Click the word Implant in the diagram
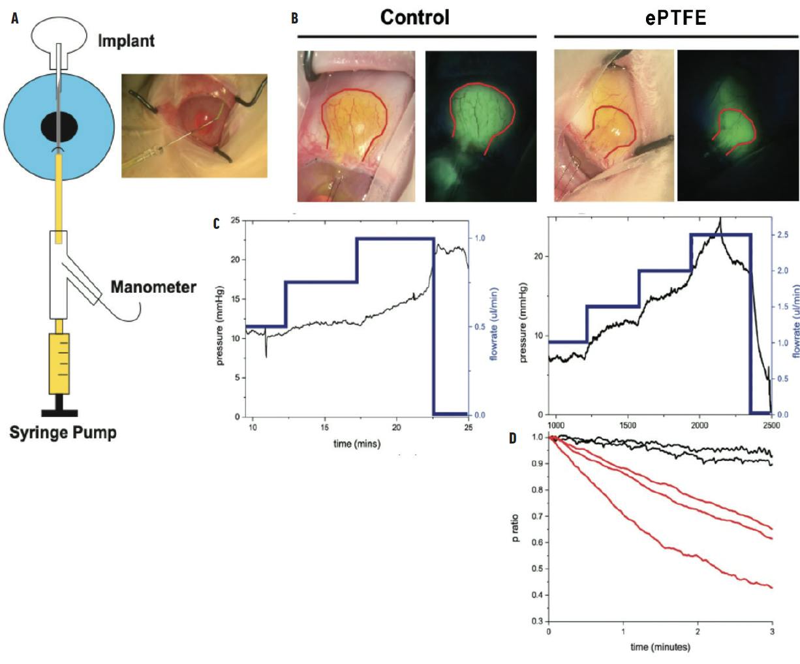[126, 40]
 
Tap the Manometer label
[153, 287]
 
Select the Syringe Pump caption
[63, 432]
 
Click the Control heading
[415, 17]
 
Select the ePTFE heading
[676, 18]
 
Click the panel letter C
[217, 223]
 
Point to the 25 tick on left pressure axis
[236, 220]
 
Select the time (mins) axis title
[356, 444]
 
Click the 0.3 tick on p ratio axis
[537, 621]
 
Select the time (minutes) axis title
[660, 647]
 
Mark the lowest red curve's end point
[772, 588]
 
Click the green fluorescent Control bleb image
[480, 127]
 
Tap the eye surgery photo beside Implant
[194, 125]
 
